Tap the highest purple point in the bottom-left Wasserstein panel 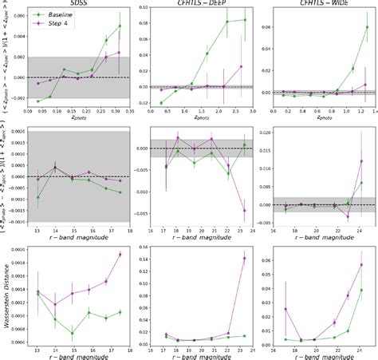[x=120, y=255]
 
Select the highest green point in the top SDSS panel [x=120, y=26]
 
